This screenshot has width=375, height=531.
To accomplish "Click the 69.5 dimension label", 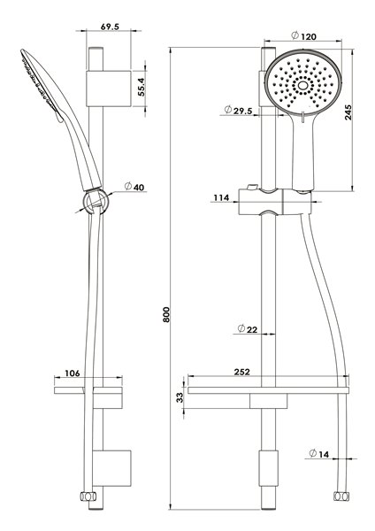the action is (110, 27).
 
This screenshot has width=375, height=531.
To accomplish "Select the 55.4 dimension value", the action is (141, 87).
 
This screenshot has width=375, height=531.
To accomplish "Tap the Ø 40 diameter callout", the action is (134, 187).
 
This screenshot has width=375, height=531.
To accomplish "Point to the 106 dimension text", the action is (73, 373).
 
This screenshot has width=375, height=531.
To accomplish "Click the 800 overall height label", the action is (166, 314).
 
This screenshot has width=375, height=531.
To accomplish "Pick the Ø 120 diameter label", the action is (303, 35).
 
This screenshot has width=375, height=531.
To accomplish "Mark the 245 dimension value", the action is (348, 112).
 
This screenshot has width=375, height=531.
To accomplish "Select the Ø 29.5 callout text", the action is (238, 110).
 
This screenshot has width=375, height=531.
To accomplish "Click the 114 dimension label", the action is (221, 197).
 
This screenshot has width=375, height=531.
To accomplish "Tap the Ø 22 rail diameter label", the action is (248, 329).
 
